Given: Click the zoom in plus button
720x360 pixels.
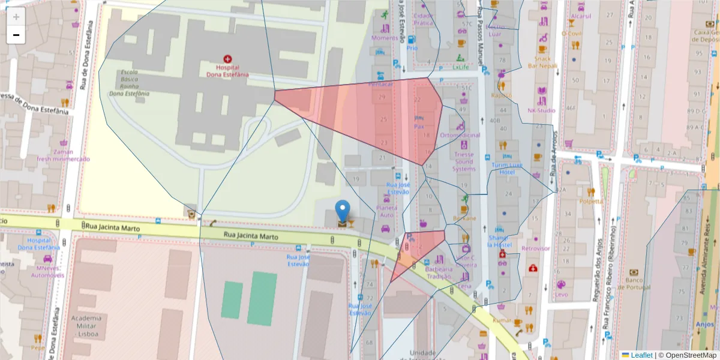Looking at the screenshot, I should tap(16, 17).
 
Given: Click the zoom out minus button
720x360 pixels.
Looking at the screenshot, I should tap(16, 35).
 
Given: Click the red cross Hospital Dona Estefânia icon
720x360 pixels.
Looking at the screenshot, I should tap(227, 59).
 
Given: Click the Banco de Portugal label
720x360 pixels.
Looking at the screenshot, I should tap(634, 284).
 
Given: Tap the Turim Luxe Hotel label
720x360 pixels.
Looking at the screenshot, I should tap(507, 169).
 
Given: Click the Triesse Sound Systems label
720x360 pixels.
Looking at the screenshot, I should tap(464, 161).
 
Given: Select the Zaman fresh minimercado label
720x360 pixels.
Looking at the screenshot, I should tap(63, 155).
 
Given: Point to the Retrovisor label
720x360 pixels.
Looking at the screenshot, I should tap(535, 248).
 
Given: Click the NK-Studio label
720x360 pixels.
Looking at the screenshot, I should tap(541, 110).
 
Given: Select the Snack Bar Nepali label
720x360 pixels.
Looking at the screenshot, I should tap(542, 62).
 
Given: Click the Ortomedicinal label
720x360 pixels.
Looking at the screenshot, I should tap(460, 135).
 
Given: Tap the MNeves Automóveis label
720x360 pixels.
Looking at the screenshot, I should tap(47, 271).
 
